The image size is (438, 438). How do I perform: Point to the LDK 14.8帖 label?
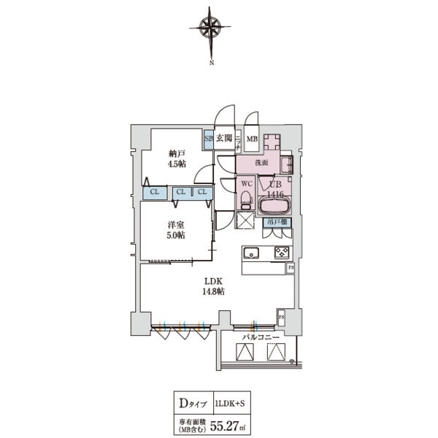tap(213, 285)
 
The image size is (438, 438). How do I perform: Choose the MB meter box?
tap(252, 139)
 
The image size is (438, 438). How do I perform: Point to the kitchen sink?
tap(250, 253)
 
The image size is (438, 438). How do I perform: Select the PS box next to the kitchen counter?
tap(291, 268)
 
